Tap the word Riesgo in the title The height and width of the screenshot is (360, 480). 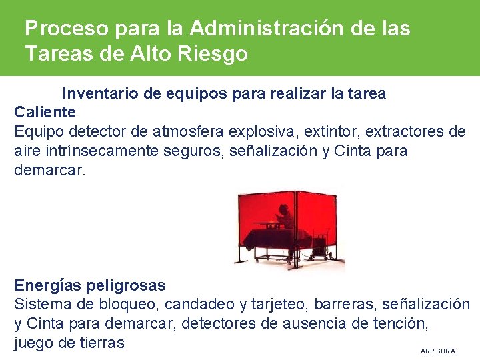click(213, 53)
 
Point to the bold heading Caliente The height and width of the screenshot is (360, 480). click(45, 112)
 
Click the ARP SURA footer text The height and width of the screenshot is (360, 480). click(438, 351)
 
